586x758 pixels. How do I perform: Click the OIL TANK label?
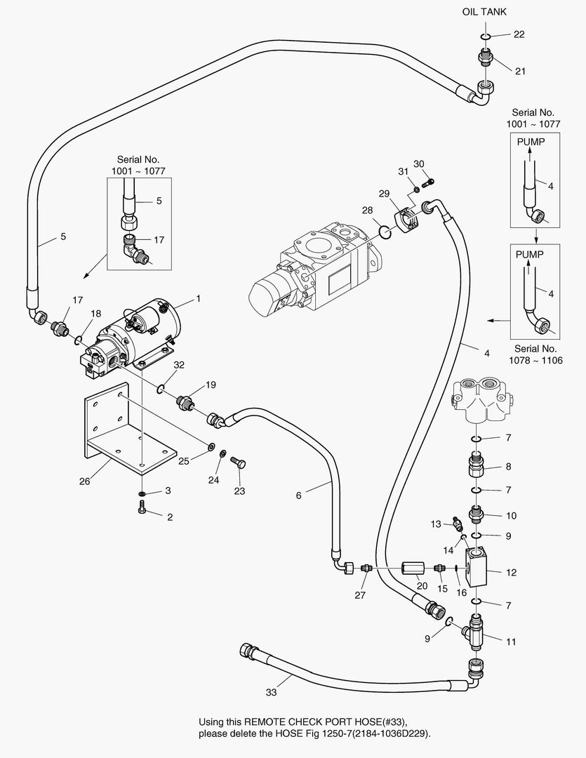click(x=484, y=12)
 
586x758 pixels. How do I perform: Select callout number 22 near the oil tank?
click(x=519, y=34)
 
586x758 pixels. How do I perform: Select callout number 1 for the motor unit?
click(x=198, y=298)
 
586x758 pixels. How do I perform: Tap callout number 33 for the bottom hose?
click(x=271, y=692)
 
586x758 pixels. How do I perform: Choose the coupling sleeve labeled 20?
click(x=411, y=567)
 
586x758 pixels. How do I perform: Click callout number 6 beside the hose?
click(x=298, y=495)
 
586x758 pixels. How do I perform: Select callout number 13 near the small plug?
click(x=435, y=524)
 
